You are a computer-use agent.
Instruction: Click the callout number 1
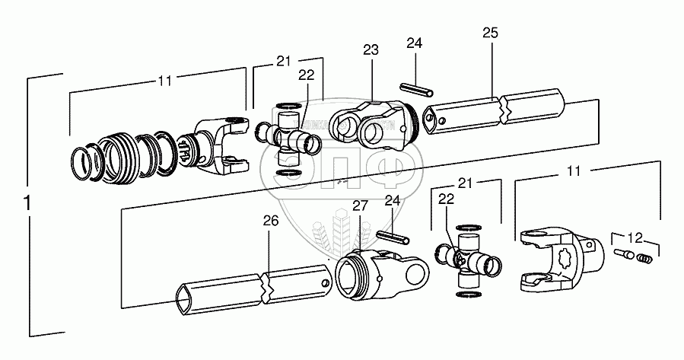click(x=27, y=205)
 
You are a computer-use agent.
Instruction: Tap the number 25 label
click(x=491, y=33)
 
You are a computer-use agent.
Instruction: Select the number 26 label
click(x=271, y=221)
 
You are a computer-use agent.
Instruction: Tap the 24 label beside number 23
click(x=413, y=44)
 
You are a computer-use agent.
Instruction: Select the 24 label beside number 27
click(x=393, y=201)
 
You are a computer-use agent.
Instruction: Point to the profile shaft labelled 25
click(x=495, y=113)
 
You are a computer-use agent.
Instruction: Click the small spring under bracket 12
click(x=644, y=259)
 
